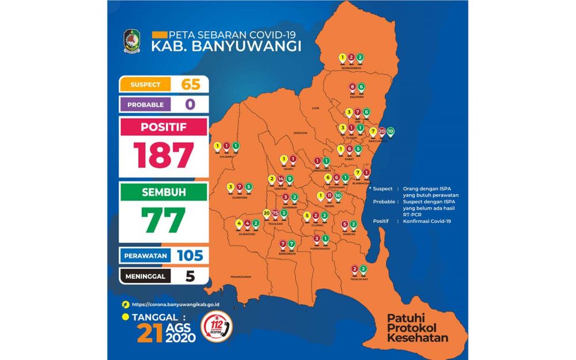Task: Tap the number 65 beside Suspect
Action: [x=190, y=84]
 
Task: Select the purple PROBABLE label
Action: [x=145, y=105]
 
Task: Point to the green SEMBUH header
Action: [x=164, y=193]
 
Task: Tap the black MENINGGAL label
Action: [x=145, y=276]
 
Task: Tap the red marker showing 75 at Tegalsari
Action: [x=275, y=214]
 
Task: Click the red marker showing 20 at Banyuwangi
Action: [x=382, y=131]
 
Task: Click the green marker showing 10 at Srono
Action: [x=338, y=196]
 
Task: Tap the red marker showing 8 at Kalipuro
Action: [x=352, y=88]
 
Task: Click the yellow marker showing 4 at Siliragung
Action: [x=239, y=223]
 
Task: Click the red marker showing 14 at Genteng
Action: [x=280, y=179]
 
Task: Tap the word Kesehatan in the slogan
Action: [x=418, y=338]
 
